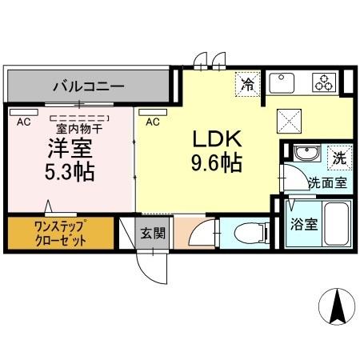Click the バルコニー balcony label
(x=88, y=83)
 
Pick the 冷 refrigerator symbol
(x=248, y=82)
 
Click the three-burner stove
(x=322, y=82)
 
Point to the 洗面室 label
(x=327, y=182)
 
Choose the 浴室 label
(x=305, y=225)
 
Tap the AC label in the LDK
(x=153, y=122)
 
